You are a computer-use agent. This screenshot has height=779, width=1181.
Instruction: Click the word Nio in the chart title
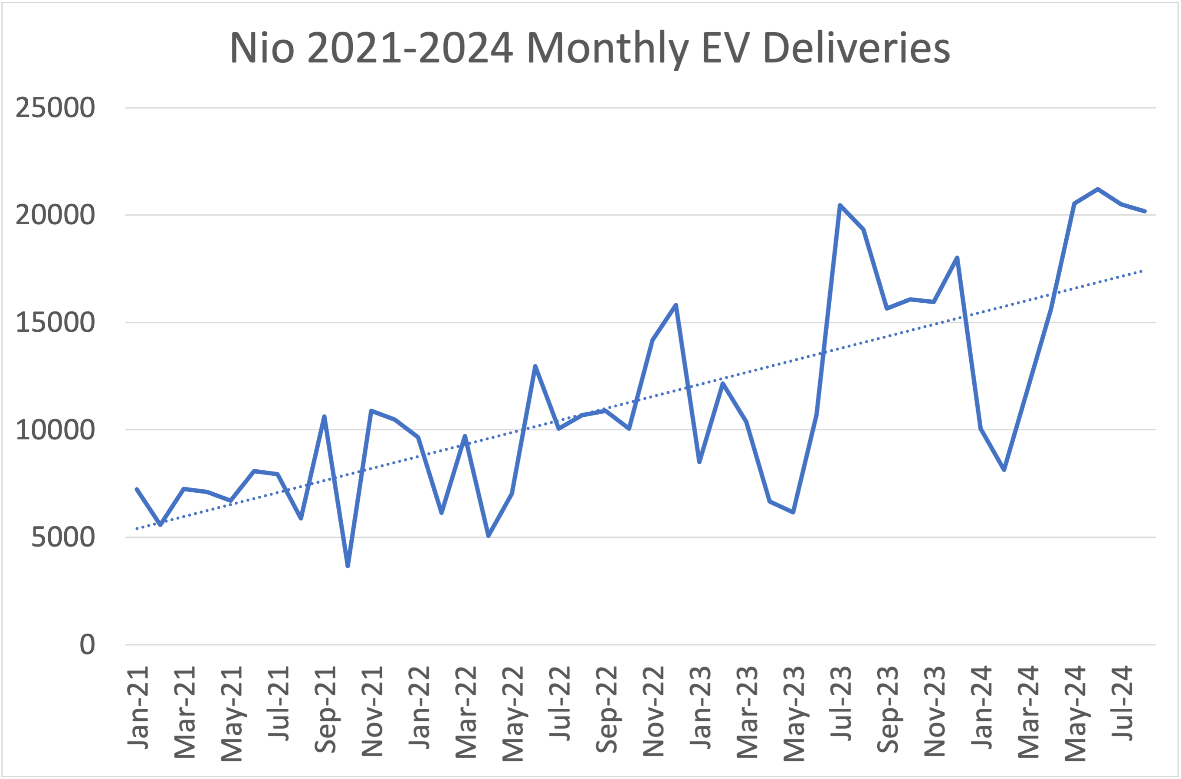(262, 48)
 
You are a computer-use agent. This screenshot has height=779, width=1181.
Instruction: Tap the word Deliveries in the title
(856, 48)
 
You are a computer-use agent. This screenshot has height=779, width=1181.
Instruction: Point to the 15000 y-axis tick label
(55, 322)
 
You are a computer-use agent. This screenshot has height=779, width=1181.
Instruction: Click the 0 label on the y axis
(87, 645)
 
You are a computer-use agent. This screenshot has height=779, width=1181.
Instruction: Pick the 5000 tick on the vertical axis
(62, 537)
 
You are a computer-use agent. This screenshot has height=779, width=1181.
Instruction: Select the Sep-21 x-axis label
(325, 710)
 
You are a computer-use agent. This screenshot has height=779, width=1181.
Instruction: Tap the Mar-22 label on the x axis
(466, 712)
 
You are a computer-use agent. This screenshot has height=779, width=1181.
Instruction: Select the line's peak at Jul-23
(840, 205)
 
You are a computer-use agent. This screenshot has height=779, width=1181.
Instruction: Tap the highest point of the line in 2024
(1098, 189)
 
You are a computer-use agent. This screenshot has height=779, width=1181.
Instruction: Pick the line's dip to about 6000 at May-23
(793, 512)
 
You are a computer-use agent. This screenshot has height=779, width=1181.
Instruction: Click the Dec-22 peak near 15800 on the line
(676, 305)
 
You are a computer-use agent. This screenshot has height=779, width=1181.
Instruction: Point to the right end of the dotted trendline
(1142, 271)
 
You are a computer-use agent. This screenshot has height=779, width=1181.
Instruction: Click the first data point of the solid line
(137, 489)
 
